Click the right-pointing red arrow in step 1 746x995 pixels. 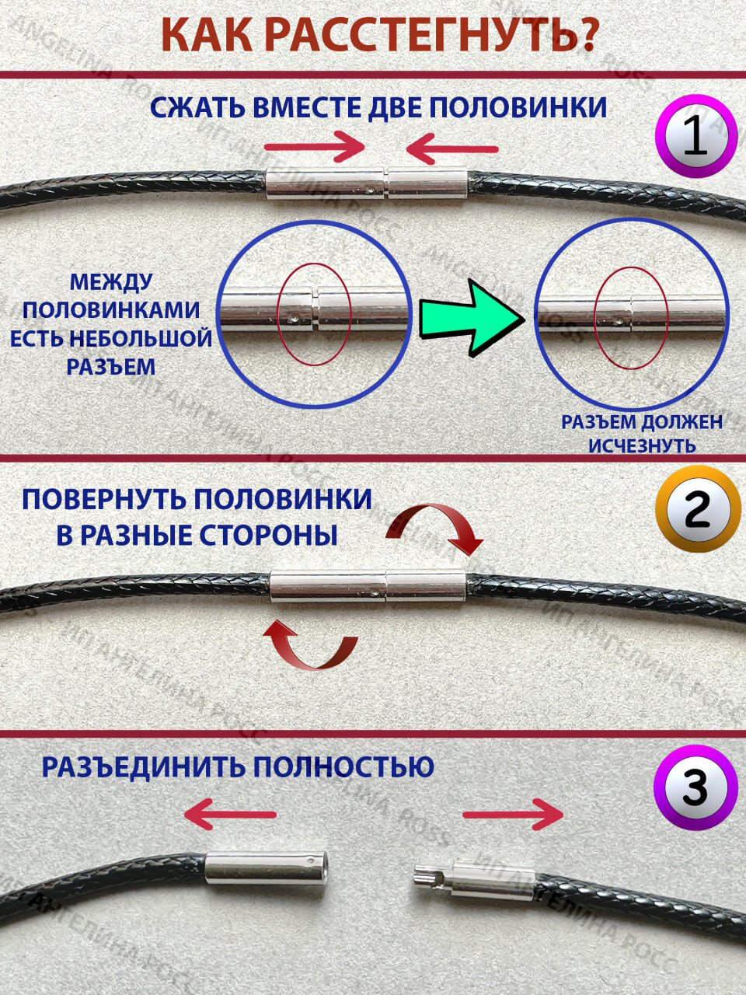coord(314,146)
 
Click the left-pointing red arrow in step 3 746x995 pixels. coord(230,815)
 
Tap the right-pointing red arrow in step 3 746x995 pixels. coord(513,815)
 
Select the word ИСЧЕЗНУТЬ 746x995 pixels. coord(642,446)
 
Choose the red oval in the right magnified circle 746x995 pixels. coord(630,318)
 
